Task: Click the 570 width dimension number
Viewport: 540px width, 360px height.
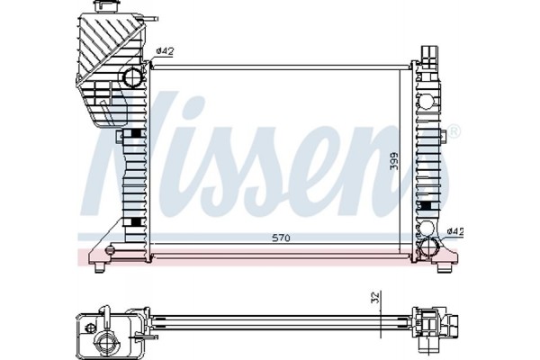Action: click(282, 238)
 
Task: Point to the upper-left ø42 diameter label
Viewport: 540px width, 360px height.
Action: click(165, 51)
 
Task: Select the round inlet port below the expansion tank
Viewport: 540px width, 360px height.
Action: click(133, 76)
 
